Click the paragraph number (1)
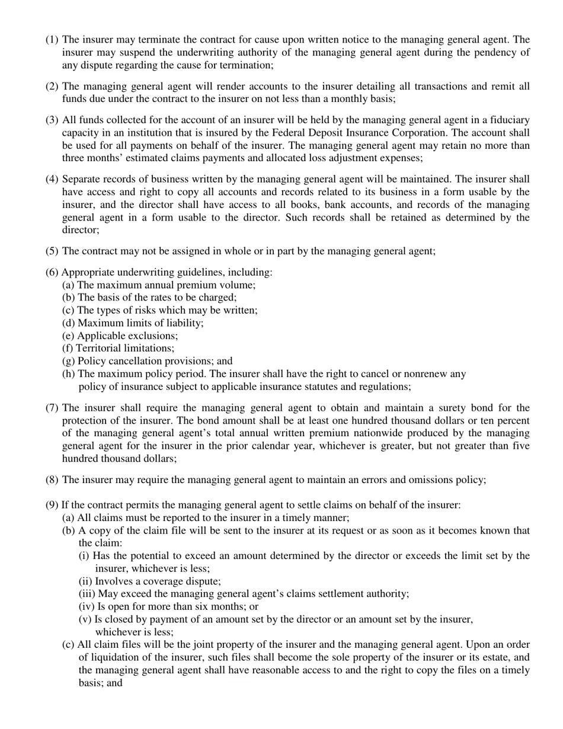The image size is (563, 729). tap(52, 40)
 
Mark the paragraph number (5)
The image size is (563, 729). tap(52, 251)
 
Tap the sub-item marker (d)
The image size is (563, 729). tap(69, 323)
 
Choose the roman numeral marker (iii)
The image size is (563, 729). tap(87, 594)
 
